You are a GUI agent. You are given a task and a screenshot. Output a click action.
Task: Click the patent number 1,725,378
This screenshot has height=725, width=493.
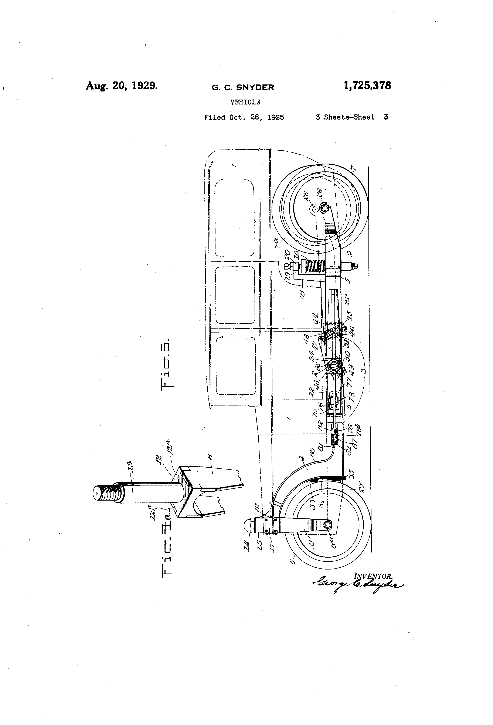point(367,86)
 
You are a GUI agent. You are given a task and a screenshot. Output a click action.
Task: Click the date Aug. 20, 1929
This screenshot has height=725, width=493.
point(122,86)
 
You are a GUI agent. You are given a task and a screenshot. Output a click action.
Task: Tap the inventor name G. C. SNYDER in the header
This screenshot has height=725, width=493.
point(243,88)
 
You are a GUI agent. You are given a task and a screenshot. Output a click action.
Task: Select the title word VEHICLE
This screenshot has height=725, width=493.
point(245,102)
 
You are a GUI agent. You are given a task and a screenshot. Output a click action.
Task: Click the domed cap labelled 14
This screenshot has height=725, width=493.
point(249,526)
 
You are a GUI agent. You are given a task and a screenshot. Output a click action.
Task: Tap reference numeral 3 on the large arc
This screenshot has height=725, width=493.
point(363,371)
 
